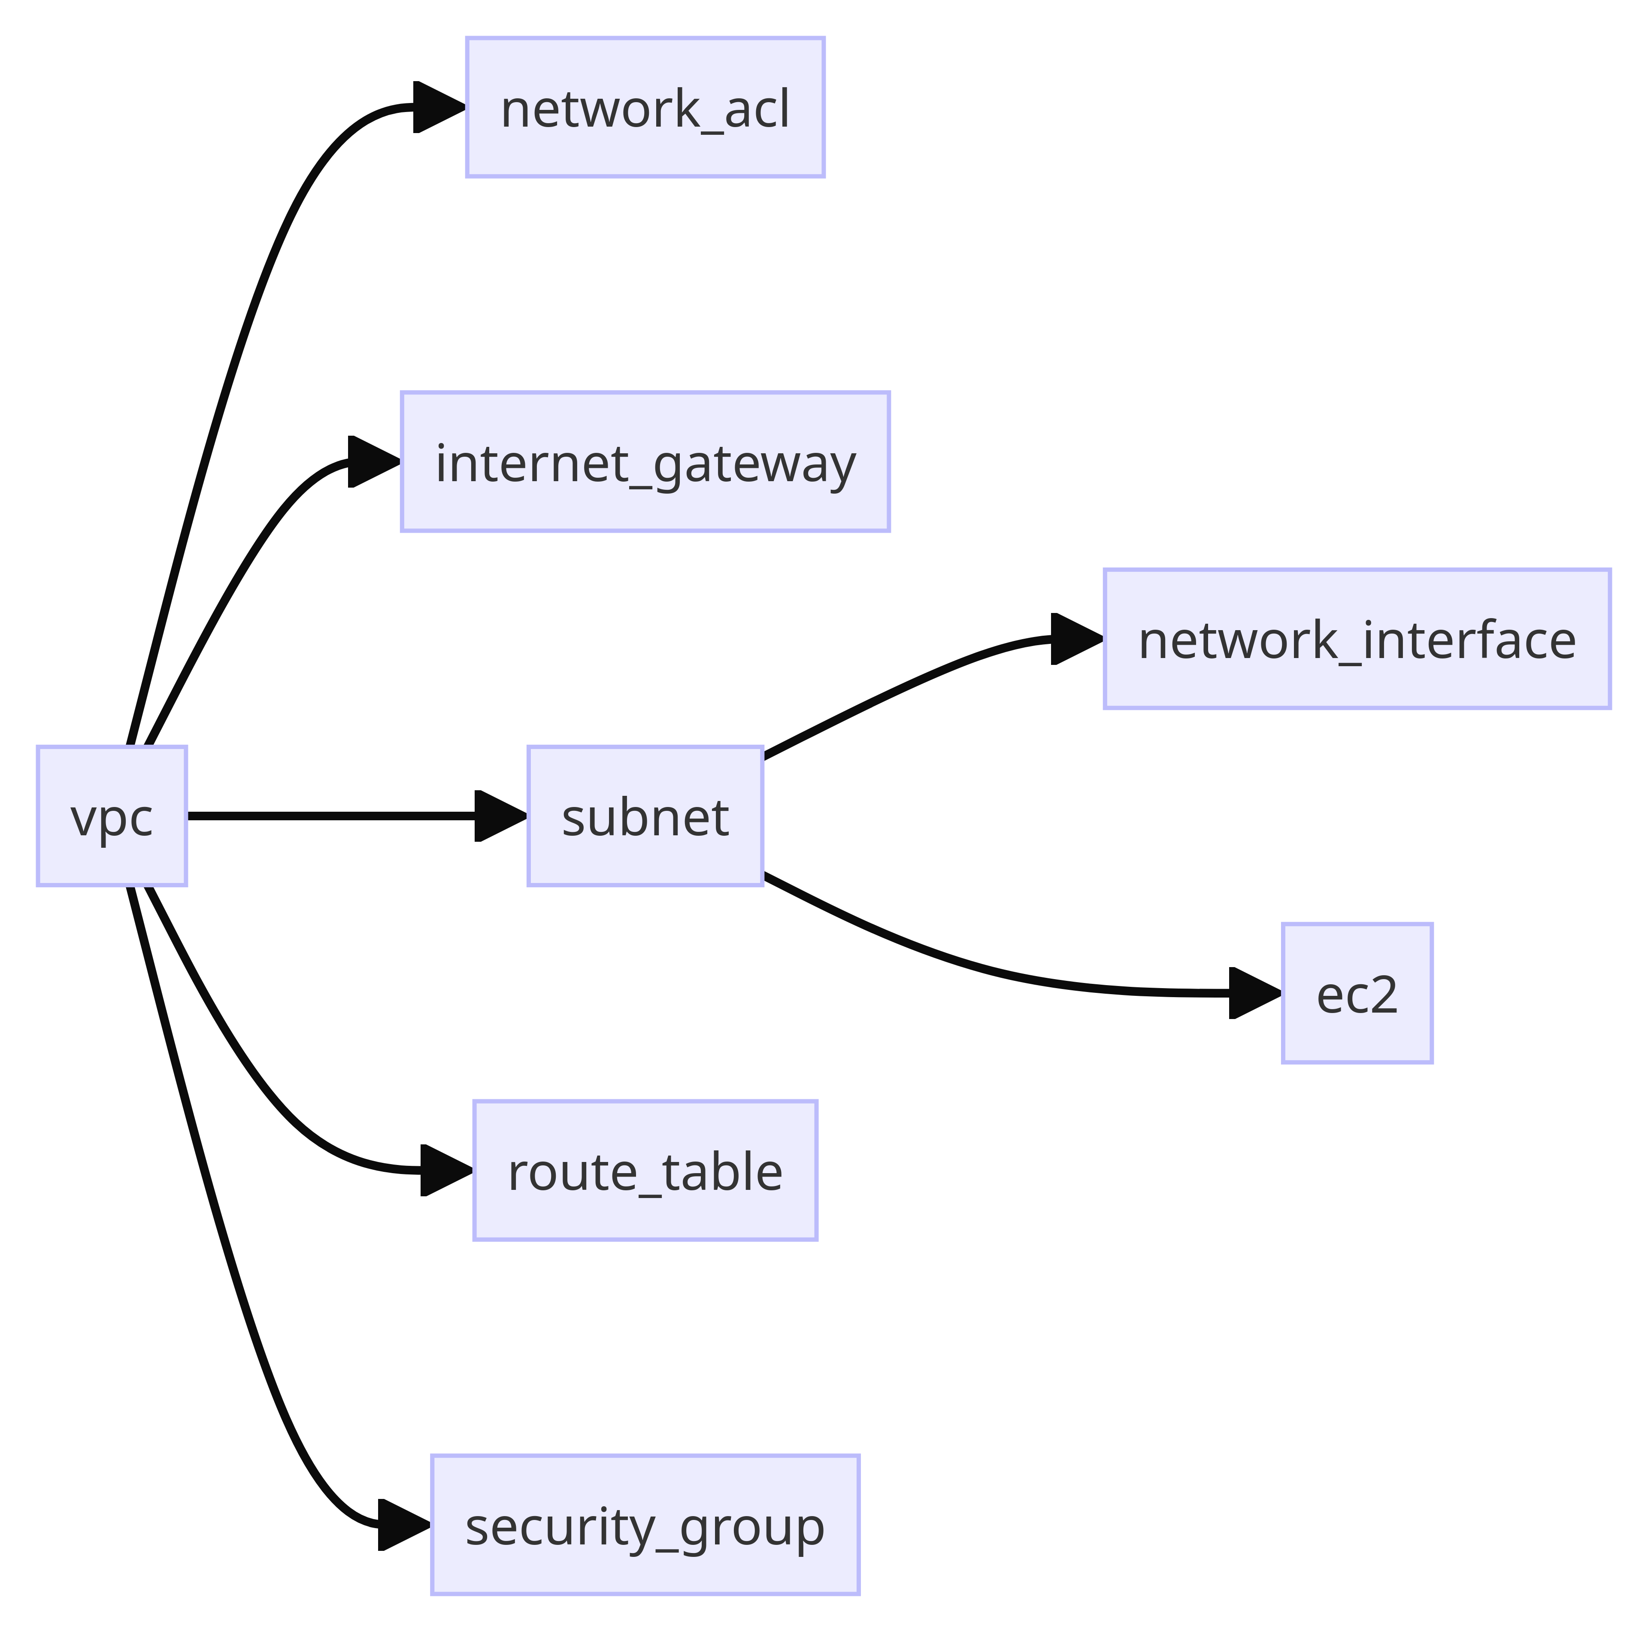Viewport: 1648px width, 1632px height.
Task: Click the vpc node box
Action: tap(112, 816)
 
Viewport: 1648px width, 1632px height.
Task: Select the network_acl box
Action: tap(645, 107)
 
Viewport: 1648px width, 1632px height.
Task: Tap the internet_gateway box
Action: tap(645, 461)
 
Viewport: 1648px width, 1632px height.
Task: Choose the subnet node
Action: tap(645, 816)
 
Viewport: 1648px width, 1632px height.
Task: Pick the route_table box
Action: tap(645, 1171)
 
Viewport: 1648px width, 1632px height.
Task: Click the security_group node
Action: tap(645, 1525)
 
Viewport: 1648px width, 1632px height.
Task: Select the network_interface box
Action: tap(1357, 639)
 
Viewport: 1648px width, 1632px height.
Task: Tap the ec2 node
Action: tap(1357, 993)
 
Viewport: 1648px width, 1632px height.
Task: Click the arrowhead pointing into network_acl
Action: tap(438, 107)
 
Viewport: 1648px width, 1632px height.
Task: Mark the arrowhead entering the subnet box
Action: tap(500, 816)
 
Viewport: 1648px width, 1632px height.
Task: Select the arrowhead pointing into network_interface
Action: tap(1075, 639)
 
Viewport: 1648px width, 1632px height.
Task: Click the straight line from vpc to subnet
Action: tap(333, 816)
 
